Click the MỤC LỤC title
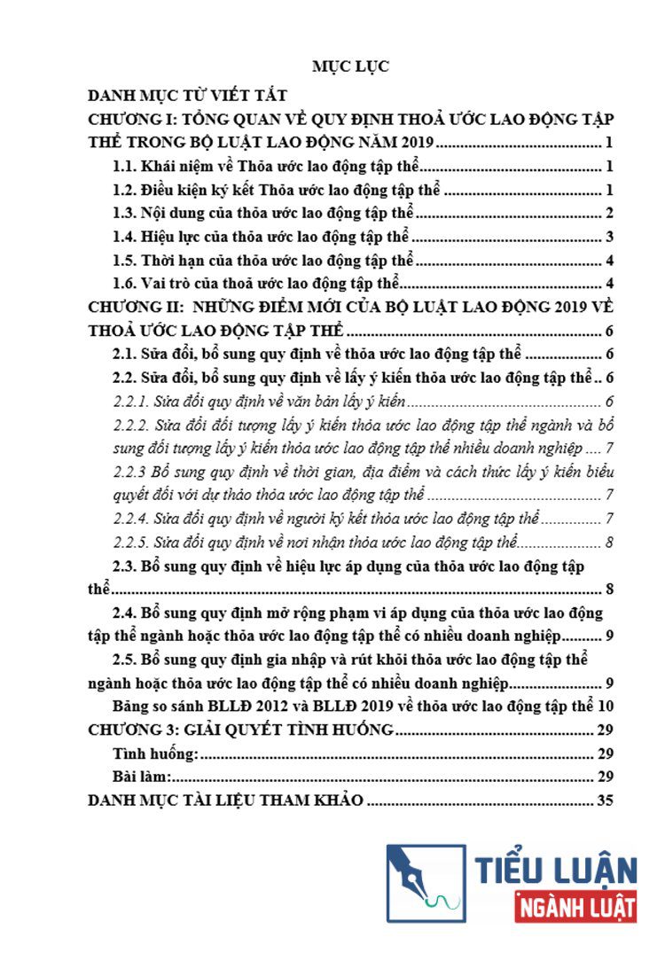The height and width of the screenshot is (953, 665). (350, 66)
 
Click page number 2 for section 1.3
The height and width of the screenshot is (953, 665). (610, 213)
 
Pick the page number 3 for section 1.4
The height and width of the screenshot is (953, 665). (610, 237)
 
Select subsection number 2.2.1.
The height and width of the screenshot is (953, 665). (133, 401)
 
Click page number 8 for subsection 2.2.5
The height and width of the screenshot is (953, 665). (610, 542)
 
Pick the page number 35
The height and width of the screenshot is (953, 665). (606, 801)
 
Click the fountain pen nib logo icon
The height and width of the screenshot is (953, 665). (425, 883)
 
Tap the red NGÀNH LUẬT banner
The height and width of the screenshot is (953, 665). (575, 907)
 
